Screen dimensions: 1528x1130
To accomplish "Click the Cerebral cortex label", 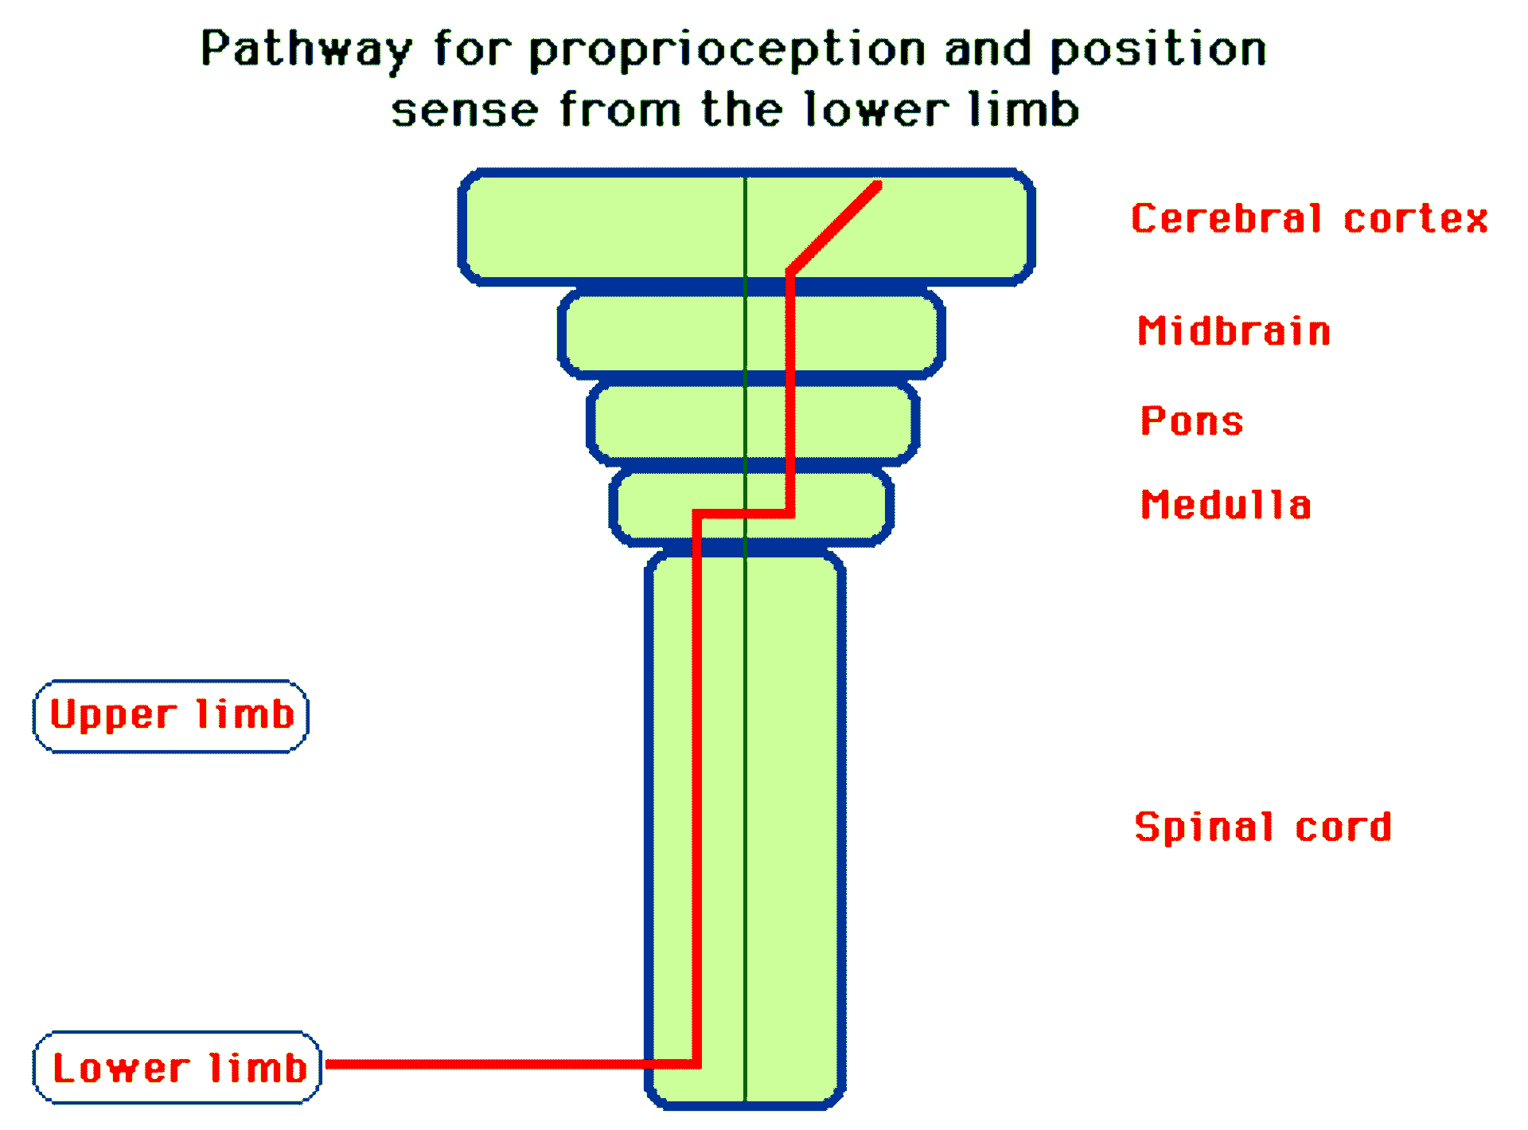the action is point(1309,218).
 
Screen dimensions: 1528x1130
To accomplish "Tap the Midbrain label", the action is point(1234,330).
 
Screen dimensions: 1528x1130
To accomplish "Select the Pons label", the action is point(1191,420).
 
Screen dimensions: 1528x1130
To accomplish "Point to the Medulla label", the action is point(1226,504).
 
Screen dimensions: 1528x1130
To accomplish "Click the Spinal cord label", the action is point(1263,827).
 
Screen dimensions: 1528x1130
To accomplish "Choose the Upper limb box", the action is point(170,716).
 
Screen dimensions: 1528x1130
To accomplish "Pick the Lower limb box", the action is point(177,1067).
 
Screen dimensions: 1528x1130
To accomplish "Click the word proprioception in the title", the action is point(727,50).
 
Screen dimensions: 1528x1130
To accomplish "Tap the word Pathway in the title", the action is point(306,50).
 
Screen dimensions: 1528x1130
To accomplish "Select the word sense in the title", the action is point(465,110).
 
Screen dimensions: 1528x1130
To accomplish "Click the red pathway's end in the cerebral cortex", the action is point(878,186).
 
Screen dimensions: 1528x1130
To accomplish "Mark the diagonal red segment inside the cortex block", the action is point(834,229).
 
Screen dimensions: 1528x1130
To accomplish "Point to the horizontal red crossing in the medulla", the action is point(743,514).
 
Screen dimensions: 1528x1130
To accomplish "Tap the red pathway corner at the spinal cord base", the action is point(696,1064).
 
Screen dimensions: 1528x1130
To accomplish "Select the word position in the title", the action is point(1159,50).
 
